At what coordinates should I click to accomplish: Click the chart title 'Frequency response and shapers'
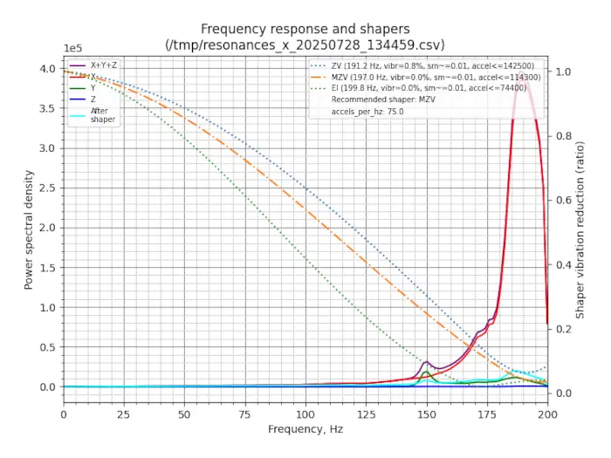[x=305, y=29]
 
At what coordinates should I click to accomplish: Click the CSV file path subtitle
[x=305, y=44]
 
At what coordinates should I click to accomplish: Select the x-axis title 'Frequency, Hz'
[x=305, y=429]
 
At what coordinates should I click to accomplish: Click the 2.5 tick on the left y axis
[x=49, y=188]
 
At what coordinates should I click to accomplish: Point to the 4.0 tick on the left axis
[x=49, y=68]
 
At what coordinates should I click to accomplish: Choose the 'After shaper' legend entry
[x=103, y=115]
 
